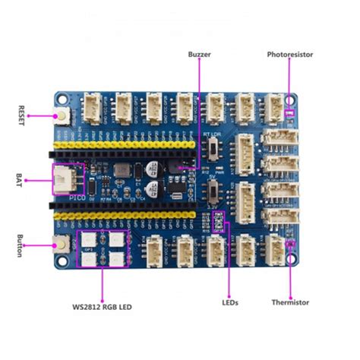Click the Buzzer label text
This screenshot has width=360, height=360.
(x=200, y=55)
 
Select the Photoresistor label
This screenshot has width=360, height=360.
(x=289, y=55)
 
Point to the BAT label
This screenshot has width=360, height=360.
(x=20, y=179)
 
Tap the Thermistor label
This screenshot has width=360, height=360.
(x=290, y=302)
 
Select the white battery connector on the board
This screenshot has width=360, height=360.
(x=63, y=180)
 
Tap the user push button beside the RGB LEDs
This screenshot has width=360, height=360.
(x=60, y=245)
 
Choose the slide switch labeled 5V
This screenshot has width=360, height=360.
(x=216, y=191)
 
